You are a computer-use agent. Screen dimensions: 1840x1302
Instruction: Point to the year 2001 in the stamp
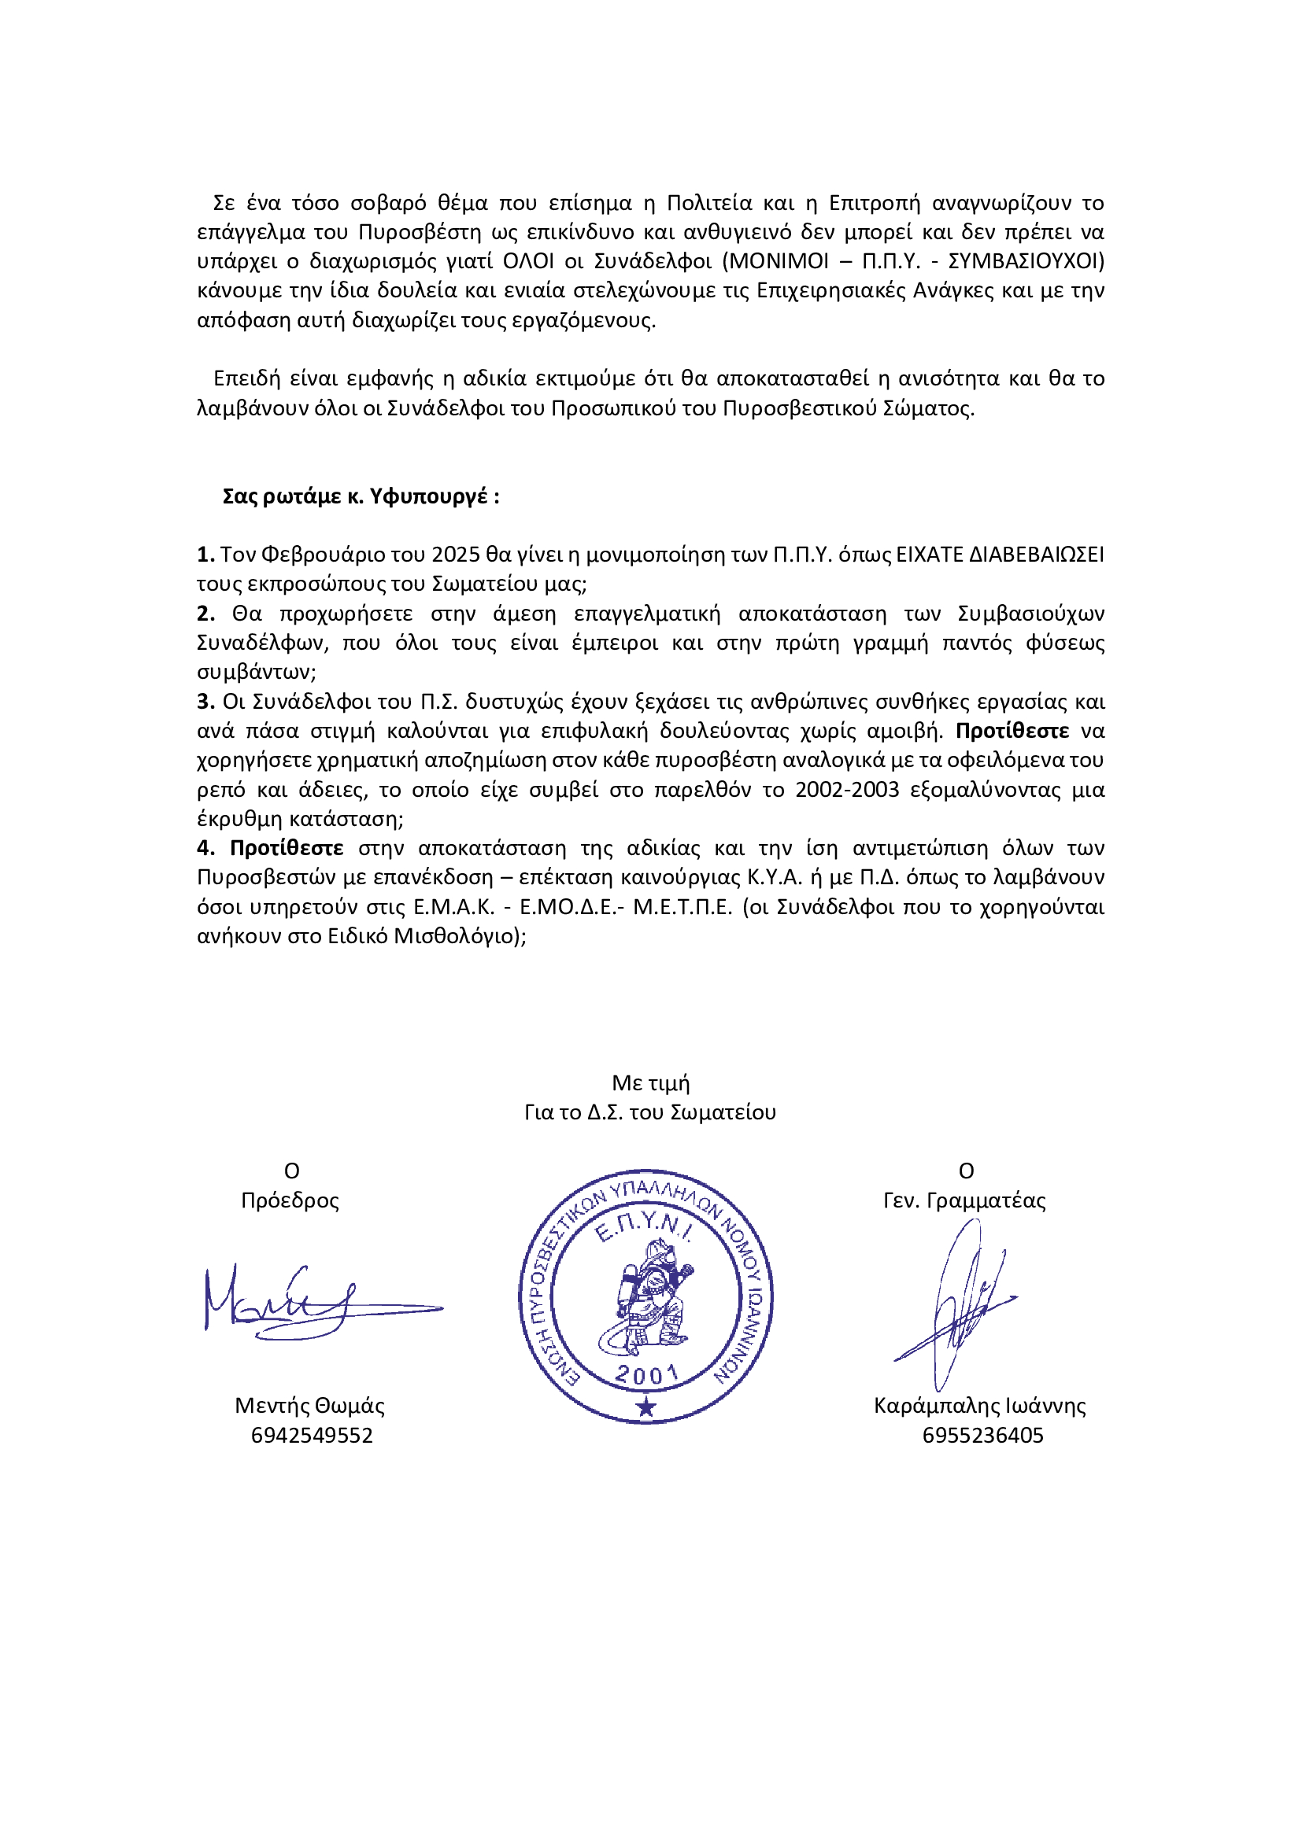pyautogui.click(x=646, y=1375)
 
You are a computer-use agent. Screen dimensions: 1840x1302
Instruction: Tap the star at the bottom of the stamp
pyautogui.click(x=646, y=1407)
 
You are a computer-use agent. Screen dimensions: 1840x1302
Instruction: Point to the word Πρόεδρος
pyautogui.click(x=290, y=1200)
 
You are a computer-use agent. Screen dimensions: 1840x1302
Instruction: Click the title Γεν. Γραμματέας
pyautogui.click(x=964, y=1200)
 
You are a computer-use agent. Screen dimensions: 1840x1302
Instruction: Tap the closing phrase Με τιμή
pyautogui.click(x=650, y=1082)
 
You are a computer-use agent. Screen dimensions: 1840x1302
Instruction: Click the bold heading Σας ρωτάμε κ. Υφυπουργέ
pyautogui.click(x=361, y=496)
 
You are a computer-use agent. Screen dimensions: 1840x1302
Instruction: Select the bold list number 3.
pyautogui.click(x=205, y=701)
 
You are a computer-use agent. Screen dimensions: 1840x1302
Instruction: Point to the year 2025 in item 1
pyautogui.click(x=457, y=555)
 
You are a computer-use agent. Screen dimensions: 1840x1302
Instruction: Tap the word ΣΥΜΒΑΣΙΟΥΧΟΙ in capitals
pyautogui.click(x=1026, y=261)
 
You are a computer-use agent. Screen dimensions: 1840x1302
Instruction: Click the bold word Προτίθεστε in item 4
pyautogui.click(x=287, y=848)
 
